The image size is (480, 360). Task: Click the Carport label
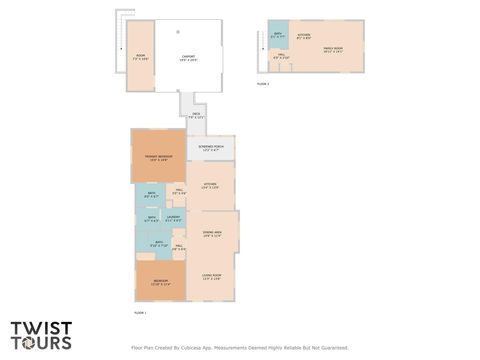[187, 56]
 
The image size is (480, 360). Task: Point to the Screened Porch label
[211, 147]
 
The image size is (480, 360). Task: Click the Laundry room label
[172, 218]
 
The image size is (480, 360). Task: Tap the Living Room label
[212, 276]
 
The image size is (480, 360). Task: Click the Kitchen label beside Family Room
[304, 35]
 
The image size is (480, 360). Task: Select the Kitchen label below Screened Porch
[210, 185]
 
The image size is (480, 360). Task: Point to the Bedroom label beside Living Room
[160, 282]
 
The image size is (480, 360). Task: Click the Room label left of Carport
[140, 56]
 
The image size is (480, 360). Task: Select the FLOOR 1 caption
[140, 314]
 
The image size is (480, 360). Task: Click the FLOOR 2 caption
[263, 84]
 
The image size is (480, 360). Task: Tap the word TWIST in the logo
[42, 327]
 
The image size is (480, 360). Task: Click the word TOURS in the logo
[42, 342]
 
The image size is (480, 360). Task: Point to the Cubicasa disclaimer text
[240, 348]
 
